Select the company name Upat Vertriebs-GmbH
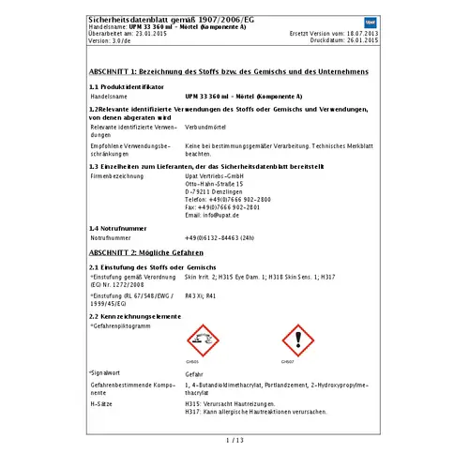click(215, 175)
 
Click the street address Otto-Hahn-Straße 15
click(215, 183)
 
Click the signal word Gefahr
click(194, 372)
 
